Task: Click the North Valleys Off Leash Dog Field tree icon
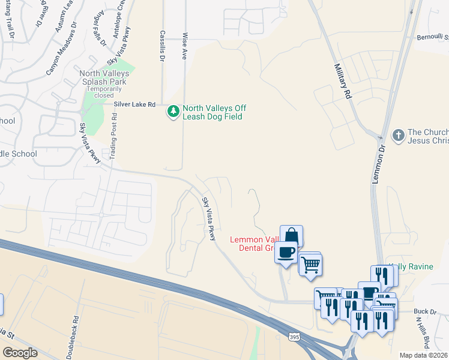[x=173, y=112]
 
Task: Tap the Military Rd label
[x=342, y=82]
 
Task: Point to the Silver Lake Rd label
[x=134, y=104]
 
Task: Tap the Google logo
[x=20, y=353]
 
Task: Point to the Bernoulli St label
[x=432, y=37]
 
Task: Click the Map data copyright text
[x=423, y=355]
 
